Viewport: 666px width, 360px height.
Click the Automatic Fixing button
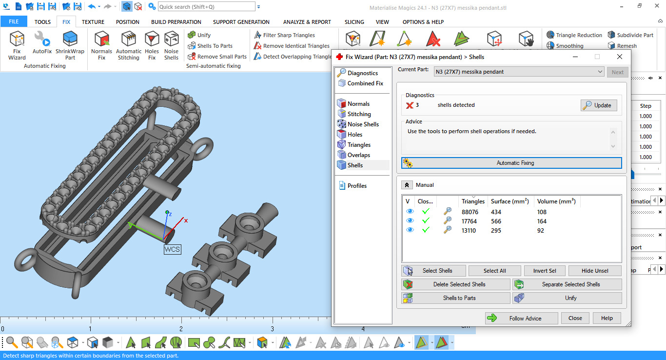(511, 163)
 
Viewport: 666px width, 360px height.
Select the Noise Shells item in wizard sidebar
(363, 124)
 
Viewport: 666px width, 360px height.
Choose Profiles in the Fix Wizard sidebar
(357, 186)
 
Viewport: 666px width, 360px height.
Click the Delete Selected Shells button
(456, 284)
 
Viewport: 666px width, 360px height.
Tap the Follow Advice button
(521, 318)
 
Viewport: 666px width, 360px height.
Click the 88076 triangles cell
(471, 212)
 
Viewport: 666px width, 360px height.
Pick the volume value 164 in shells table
(542, 221)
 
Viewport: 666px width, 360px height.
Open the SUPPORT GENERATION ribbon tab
(241, 22)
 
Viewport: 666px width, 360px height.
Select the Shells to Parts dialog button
(456, 298)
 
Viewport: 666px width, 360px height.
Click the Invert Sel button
(544, 271)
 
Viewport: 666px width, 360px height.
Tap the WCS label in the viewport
(172, 249)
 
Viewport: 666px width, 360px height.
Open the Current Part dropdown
(519, 72)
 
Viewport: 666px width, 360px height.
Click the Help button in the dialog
(607, 318)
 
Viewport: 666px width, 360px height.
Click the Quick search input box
(206, 7)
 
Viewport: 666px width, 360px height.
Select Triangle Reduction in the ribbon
(574, 35)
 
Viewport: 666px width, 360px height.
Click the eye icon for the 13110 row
(410, 230)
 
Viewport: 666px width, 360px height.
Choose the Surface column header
(509, 201)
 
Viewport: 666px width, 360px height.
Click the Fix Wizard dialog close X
(619, 57)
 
